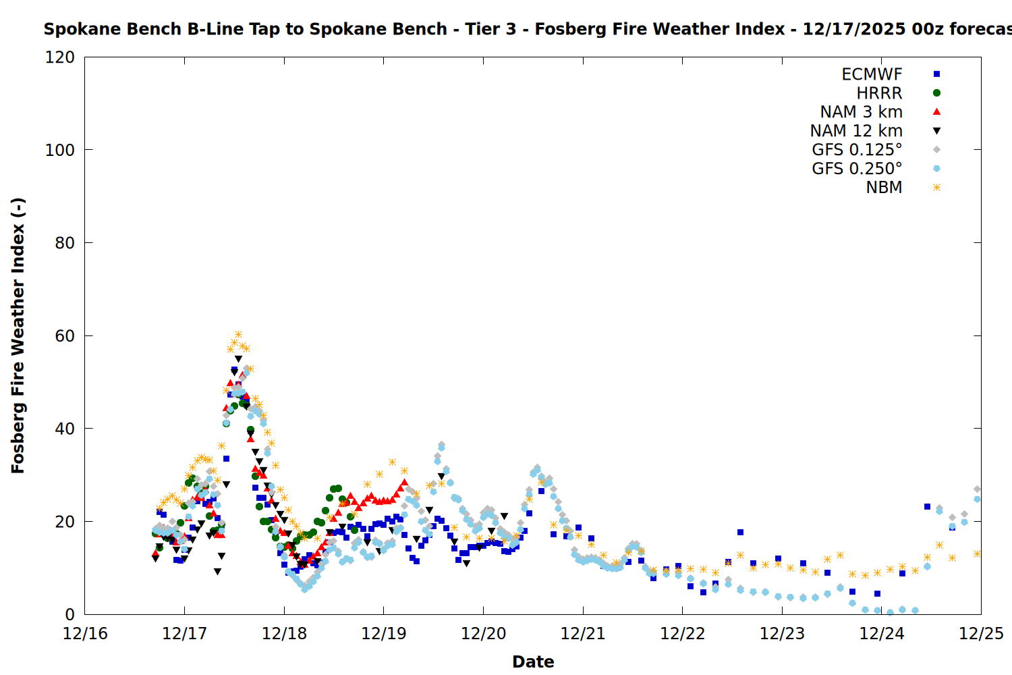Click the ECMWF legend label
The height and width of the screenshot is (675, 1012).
(x=872, y=74)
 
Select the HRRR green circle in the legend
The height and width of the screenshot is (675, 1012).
(x=936, y=93)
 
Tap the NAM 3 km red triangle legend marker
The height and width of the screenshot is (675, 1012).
(x=936, y=112)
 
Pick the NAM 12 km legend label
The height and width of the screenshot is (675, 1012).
(x=856, y=131)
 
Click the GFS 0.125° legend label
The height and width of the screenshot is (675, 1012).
(x=857, y=150)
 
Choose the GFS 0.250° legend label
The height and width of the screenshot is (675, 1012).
(x=857, y=169)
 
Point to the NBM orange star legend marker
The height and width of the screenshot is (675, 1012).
(x=936, y=188)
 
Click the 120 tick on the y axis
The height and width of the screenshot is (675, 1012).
(x=60, y=57)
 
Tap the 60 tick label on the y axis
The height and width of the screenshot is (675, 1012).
(x=65, y=335)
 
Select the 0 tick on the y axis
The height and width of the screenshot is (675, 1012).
(x=70, y=614)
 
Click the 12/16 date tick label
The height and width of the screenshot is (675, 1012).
(x=85, y=634)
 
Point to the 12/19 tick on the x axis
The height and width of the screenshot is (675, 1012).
(x=384, y=634)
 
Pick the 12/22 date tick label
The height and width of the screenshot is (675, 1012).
(x=683, y=634)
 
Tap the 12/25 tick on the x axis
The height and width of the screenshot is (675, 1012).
(x=981, y=634)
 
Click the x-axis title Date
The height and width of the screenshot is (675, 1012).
(x=533, y=661)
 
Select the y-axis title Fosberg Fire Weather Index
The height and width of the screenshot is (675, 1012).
(x=18, y=335)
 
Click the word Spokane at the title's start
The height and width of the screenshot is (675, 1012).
(x=73, y=29)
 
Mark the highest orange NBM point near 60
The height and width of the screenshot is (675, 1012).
(x=238, y=335)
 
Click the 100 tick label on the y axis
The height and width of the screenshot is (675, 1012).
(x=60, y=150)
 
